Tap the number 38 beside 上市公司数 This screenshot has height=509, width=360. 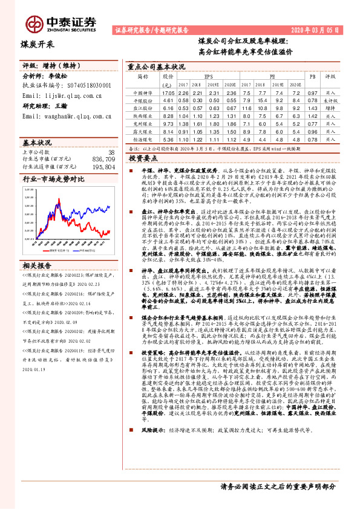pyautogui.click(x=111, y=152)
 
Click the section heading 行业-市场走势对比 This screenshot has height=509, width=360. pyautogui.click(x=54, y=180)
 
